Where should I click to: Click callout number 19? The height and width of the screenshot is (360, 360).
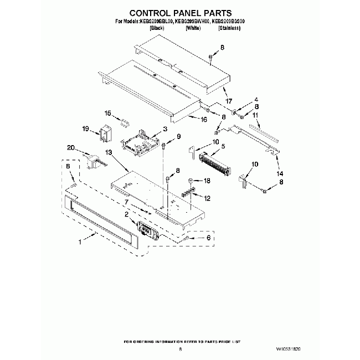coord(86,128)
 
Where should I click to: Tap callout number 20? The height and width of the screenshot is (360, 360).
coord(70,147)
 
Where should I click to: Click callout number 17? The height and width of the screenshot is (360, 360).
coord(228,102)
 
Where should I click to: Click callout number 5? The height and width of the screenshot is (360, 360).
coord(222,147)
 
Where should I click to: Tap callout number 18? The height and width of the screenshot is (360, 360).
coord(208,181)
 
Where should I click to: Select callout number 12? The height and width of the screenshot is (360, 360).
coord(208,198)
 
